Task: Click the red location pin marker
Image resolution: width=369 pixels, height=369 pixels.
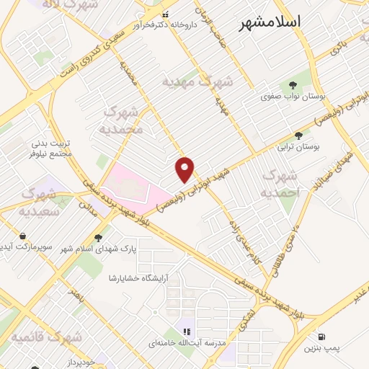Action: click(x=185, y=169)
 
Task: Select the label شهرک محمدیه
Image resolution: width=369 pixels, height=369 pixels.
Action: click(x=124, y=120)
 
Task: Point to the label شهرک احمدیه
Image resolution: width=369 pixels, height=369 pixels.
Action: click(x=280, y=184)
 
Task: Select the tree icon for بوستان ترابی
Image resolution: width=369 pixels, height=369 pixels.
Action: click(x=298, y=135)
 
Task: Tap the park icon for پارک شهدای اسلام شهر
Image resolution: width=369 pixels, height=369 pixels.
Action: click(x=98, y=237)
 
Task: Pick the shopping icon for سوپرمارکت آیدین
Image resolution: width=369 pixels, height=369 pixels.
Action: click(x=23, y=236)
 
